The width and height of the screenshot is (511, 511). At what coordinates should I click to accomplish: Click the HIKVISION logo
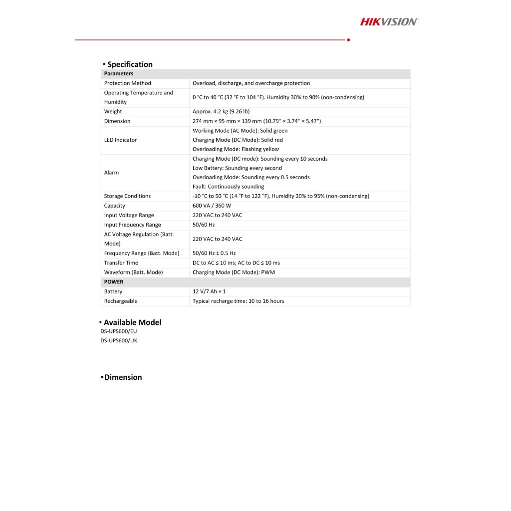[x=389, y=21]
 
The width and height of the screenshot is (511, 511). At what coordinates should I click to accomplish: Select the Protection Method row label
[x=127, y=83]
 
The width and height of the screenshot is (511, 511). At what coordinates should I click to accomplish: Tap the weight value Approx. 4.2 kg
[x=221, y=112]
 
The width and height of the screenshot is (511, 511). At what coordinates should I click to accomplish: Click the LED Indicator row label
[x=120, y=140]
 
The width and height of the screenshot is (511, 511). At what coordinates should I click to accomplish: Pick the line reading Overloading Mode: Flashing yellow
[x=236, y=149]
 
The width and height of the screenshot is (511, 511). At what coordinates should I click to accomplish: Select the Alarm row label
[x=111, y=173]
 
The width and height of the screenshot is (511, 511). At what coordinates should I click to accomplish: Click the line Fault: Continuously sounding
[x=228, y=187]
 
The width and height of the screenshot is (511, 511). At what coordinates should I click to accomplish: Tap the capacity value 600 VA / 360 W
[x=212, y=206]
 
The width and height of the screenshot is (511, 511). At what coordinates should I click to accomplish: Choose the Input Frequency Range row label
[x=132, y=225]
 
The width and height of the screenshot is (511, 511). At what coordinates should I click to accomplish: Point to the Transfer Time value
[x=236, y=263]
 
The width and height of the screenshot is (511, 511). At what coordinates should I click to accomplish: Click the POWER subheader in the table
[x=114, y=282]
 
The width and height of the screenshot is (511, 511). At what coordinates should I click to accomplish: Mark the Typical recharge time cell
[x=238, y=301]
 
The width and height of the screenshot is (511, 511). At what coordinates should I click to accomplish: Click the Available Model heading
[x=132, y=322]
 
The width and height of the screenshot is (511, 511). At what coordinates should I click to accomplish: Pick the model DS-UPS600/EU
[x=118, y=331]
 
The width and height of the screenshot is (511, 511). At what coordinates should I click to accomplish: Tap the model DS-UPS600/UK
[x=118, y=341]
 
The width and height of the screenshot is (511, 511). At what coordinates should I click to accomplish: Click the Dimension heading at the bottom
[x=123, y=377]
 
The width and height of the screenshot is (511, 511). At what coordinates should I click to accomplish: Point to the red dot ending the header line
[x=348, y=40]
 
